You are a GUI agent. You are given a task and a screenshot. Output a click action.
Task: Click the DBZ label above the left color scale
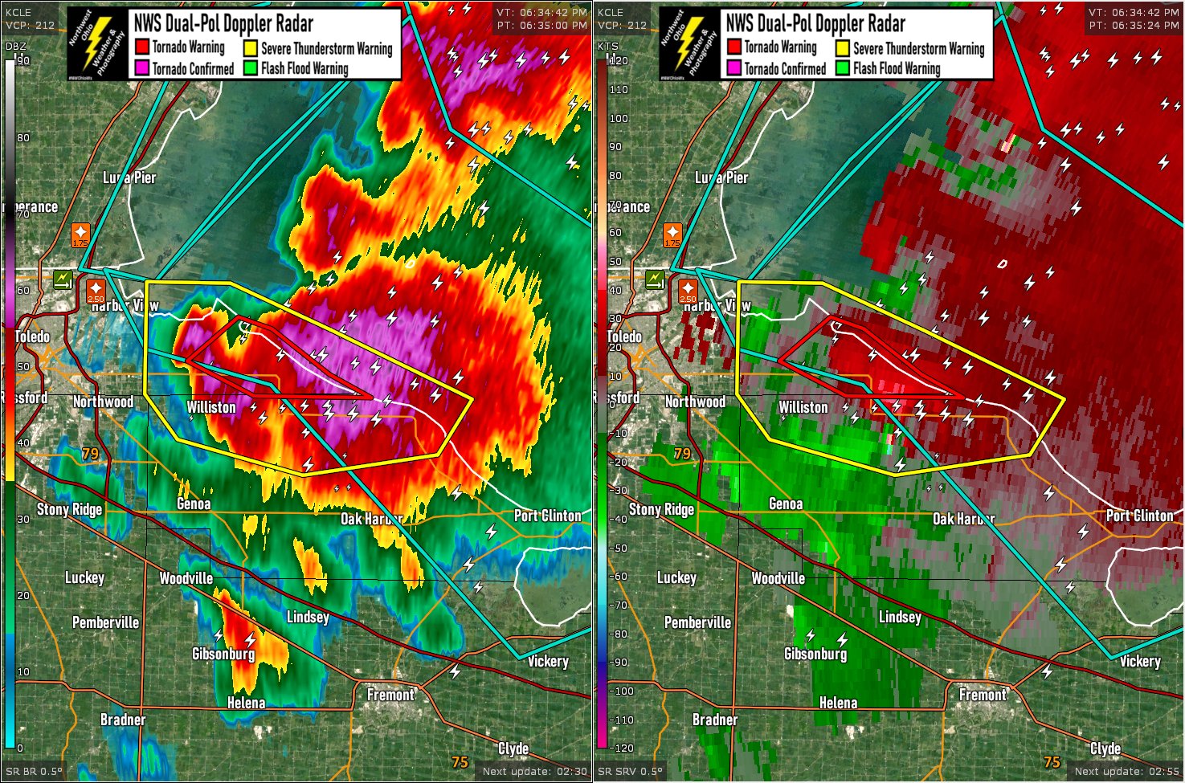click(15, 46)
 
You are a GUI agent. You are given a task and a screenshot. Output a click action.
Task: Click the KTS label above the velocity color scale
click(607, 46)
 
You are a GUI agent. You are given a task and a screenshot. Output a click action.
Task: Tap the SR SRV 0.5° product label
click(631, 771)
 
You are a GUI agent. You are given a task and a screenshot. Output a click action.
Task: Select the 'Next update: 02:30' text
click(534, 771)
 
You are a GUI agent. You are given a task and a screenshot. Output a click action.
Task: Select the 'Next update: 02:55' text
click(1126, 771)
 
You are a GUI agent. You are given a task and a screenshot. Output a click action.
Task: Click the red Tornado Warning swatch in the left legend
click(142, 47)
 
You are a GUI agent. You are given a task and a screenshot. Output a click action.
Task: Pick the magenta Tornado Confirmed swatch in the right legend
click(733, 68)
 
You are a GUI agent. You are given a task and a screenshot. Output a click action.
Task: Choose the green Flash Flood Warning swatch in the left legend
click(251, 68)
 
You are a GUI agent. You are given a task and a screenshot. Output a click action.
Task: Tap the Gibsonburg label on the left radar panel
click(223, 654)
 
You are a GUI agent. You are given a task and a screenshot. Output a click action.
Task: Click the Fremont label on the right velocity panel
click(983, 694)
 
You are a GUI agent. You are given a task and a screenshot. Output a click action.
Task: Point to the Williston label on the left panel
click(211, 407)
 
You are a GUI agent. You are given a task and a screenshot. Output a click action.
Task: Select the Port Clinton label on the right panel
click(1139, 515)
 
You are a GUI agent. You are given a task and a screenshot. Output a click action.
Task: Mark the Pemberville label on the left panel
click(105, 622)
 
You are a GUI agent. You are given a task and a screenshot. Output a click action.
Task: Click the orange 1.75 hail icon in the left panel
click(80, 235)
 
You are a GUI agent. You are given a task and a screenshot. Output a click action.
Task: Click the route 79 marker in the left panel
click(90, 454)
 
